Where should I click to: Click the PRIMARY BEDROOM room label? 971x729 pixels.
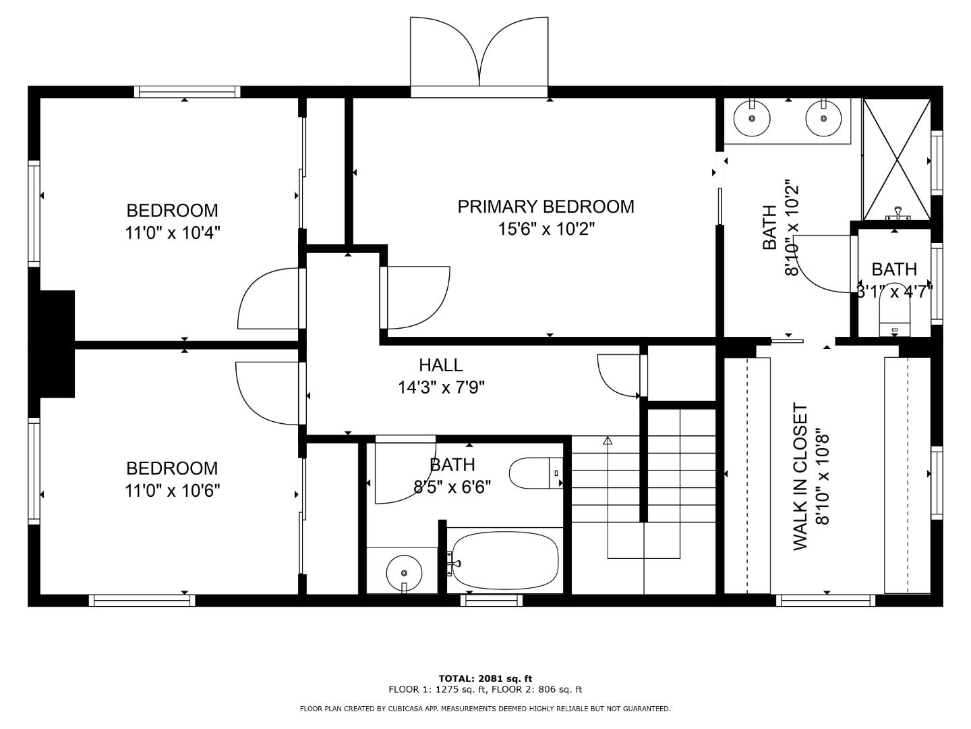coord(546,207)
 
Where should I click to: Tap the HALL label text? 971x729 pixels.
coord(440,365)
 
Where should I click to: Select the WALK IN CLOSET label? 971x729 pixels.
coord(800,477)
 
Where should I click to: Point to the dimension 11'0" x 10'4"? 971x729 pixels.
coord(173,232)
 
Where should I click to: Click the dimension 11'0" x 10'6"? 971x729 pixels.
coord(173,491)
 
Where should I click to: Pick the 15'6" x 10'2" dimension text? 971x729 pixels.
coord(546,229)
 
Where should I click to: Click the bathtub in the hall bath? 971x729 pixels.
coord(505,560)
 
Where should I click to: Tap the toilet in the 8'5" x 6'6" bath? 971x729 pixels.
coord(535,473)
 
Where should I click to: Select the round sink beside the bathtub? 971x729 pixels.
coord(404,573)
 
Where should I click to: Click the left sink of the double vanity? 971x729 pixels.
coord(752,118)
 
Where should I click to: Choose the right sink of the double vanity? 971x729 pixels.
coord(823,118)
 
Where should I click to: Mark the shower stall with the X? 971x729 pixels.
coord(897,159)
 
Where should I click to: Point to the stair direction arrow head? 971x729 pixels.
coord(608,440)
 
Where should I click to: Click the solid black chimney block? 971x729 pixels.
coord(52,344)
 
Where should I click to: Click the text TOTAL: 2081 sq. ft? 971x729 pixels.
coord(486,678)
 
